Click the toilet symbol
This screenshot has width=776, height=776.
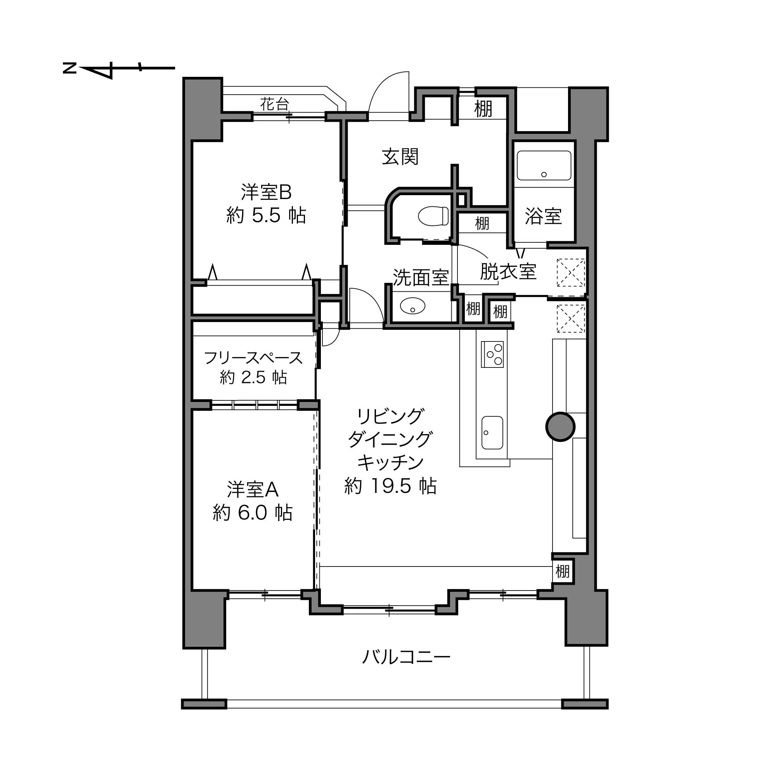[433, 216]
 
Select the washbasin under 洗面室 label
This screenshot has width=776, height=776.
[412, 307]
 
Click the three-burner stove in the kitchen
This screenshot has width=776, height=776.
[493, 354]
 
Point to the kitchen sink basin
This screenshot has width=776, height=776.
[492, 433]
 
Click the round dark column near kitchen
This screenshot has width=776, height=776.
[560, 426]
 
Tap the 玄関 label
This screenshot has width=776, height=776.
[400, 157]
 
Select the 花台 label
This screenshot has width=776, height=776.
[274, 104]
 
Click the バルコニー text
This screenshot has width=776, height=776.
[406, 658]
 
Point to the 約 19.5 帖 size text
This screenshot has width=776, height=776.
[390, 487]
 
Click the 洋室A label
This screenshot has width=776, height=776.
[253, 490]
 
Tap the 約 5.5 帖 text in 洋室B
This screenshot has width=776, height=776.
[266, 216]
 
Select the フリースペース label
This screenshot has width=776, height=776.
[253, 358]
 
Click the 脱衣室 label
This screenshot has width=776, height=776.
[508, 272]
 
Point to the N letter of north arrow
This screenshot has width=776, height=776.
[69, 68]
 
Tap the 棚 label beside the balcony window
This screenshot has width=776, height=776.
[562, 571]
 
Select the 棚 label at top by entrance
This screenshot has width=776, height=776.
[483, 109]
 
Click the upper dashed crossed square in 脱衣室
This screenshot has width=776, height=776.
[570, 273]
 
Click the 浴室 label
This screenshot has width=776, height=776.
[543, 217]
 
